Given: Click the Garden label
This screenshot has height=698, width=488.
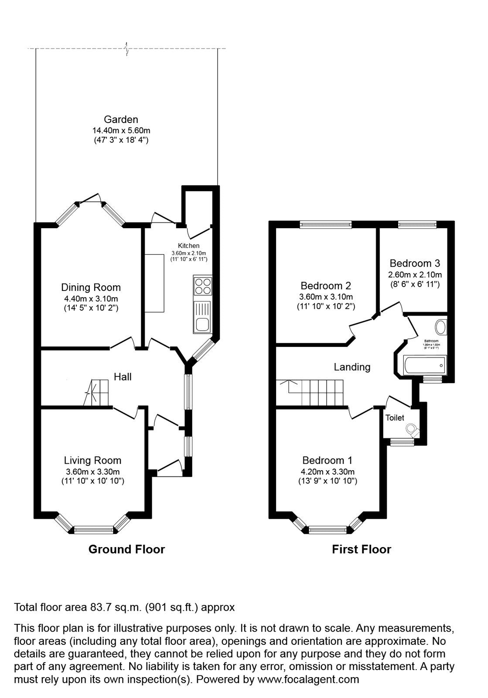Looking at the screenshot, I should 121,120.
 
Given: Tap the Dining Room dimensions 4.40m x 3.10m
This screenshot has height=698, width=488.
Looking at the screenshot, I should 91,299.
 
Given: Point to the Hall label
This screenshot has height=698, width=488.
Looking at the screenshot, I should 123,377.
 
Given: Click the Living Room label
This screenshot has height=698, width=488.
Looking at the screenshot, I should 92,460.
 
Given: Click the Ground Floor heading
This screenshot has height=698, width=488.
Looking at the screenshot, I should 126,549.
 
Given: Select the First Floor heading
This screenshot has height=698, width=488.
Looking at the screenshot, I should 362,549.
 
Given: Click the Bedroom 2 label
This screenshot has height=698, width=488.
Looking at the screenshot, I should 326,286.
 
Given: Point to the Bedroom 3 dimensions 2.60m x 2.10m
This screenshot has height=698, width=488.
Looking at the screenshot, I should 415,275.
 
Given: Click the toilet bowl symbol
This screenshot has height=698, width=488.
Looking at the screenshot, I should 412,430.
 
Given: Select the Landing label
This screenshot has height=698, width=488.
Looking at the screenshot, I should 352,367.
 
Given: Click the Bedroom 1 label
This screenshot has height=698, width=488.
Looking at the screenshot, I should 328,460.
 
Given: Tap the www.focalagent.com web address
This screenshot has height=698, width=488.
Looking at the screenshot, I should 308,679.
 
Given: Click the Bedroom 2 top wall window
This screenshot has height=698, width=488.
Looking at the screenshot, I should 326,225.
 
